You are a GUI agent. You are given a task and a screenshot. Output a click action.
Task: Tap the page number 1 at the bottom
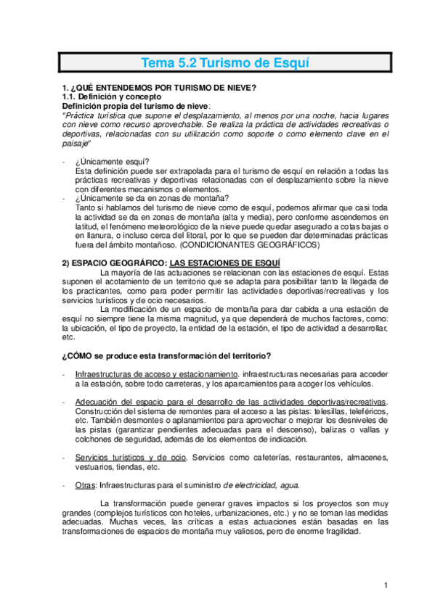tap(387, 585)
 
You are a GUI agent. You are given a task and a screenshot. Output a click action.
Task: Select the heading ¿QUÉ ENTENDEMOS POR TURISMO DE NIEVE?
tap(161, 88)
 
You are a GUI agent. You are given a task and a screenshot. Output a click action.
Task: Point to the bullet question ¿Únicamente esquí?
tap(113, 161)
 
